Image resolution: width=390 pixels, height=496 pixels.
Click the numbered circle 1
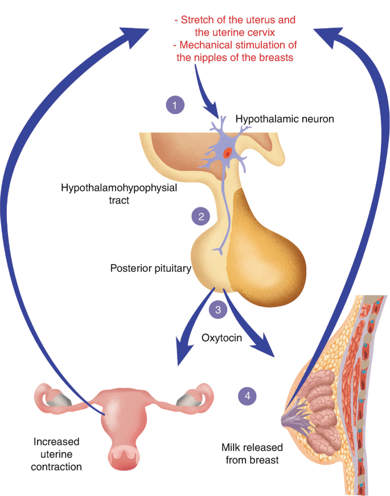[x=175, y=105]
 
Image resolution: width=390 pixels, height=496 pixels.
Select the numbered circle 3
[x=217, y=310]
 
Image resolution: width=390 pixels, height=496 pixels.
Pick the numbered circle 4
[x=246, y=395]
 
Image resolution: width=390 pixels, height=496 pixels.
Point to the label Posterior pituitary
[x=150, y=267]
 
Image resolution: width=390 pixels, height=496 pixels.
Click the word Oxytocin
[x=223, y=338]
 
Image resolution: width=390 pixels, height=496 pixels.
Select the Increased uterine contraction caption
[x=57, y=454]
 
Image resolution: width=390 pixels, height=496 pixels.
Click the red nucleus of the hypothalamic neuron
[x=227, y=152]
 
